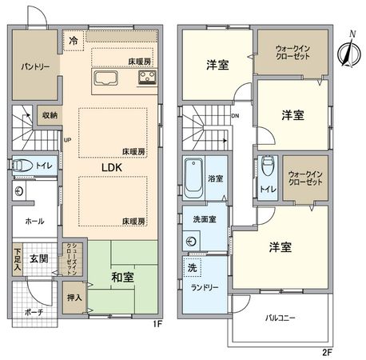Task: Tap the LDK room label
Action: pos(111,167)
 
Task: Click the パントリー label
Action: pos(30,66)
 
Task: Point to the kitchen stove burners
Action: pos(148,78)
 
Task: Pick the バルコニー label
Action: pos(280,318)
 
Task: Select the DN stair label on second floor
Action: pos(233,116)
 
